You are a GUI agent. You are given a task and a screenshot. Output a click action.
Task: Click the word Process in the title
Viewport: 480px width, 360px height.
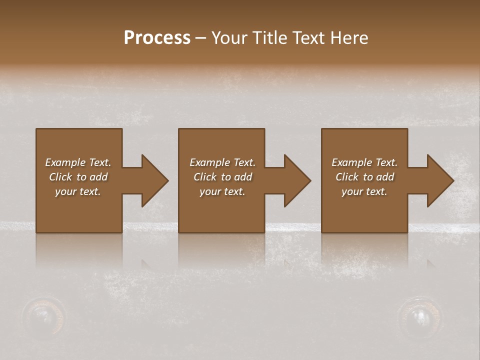pos(157,38)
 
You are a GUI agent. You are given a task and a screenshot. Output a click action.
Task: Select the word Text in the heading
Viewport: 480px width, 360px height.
pos(310,38)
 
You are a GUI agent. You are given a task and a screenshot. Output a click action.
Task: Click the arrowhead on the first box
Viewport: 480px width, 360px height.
pos(153,180)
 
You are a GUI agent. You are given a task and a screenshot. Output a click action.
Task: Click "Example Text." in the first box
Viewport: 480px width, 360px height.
pos(78,162)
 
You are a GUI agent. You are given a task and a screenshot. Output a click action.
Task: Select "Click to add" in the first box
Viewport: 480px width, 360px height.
pos(78,177)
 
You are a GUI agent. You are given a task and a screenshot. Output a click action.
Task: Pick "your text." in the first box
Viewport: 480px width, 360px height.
pos(78,191)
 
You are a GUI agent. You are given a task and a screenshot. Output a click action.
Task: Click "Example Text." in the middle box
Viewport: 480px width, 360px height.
pos(222,162)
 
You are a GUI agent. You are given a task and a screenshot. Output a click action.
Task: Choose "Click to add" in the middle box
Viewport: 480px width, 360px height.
pos(222,177)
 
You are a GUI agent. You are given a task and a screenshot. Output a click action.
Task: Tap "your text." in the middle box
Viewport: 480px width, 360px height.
pos(222,191)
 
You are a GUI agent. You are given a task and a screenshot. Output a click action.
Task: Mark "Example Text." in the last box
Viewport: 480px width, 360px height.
pos(364,162)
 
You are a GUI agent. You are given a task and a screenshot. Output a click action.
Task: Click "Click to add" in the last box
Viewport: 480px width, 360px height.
pos(364,177)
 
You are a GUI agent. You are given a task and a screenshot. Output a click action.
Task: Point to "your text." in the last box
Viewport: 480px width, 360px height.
pos(364,191)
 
